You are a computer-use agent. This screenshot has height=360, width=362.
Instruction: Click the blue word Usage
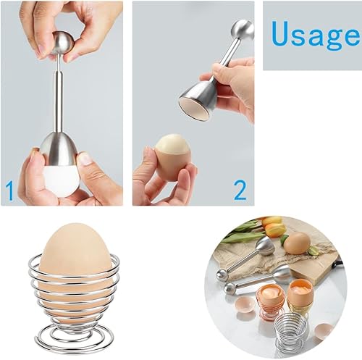click(315, 35)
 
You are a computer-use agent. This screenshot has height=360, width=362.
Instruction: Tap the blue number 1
click(9, 191)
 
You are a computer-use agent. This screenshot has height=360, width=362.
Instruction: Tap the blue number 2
click(240, 191)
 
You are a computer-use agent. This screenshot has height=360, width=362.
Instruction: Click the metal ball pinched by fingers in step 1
click(62, 42)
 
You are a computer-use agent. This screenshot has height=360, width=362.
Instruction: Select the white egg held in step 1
click(62, 180)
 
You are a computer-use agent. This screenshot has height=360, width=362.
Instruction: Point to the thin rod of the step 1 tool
click(59, 96)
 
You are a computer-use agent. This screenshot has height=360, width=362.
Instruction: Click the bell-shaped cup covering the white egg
click(59, 149)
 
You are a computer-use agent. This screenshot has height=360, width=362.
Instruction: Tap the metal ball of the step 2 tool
click(244, 30)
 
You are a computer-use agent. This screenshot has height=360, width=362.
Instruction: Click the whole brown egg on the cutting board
click(297, 243)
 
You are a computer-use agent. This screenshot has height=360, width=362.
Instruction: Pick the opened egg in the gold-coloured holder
click(299, 292)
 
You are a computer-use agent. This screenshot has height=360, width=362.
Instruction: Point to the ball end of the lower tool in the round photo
click(231, 289)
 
